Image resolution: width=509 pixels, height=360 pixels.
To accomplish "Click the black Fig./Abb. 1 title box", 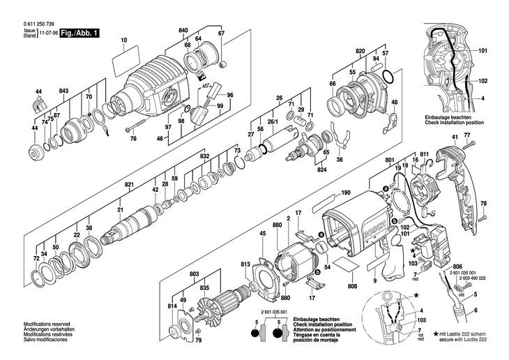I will point(80,33).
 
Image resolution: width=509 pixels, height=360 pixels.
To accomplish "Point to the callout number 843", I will point(63,92).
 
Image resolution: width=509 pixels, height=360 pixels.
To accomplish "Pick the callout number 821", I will point(129,184).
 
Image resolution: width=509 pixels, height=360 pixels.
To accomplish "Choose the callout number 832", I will point(204,157).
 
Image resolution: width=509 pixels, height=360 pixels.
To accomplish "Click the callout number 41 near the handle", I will point(454,136).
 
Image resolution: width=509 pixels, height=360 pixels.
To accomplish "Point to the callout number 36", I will point(340,160).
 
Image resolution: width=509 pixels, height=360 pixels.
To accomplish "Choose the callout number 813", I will point(245,265).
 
